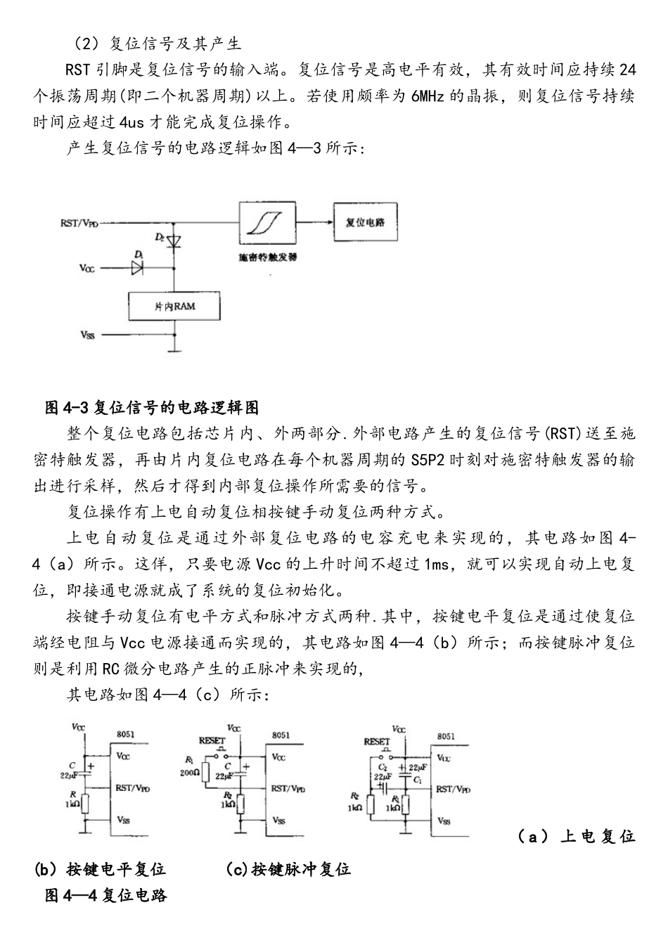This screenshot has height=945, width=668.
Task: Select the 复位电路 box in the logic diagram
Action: (365, 222)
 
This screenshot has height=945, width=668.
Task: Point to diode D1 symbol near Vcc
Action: (136, 267)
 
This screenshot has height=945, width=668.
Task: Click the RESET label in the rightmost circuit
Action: (377, 742)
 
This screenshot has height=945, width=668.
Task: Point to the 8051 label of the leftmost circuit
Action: (126, 735)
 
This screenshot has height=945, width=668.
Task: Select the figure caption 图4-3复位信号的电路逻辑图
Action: (152, 408)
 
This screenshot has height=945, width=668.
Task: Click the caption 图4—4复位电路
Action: (105, 896)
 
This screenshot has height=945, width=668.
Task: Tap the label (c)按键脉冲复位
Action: (288, 869)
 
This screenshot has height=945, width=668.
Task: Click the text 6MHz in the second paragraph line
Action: (427, 96)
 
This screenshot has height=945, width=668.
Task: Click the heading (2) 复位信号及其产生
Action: (158, 44)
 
